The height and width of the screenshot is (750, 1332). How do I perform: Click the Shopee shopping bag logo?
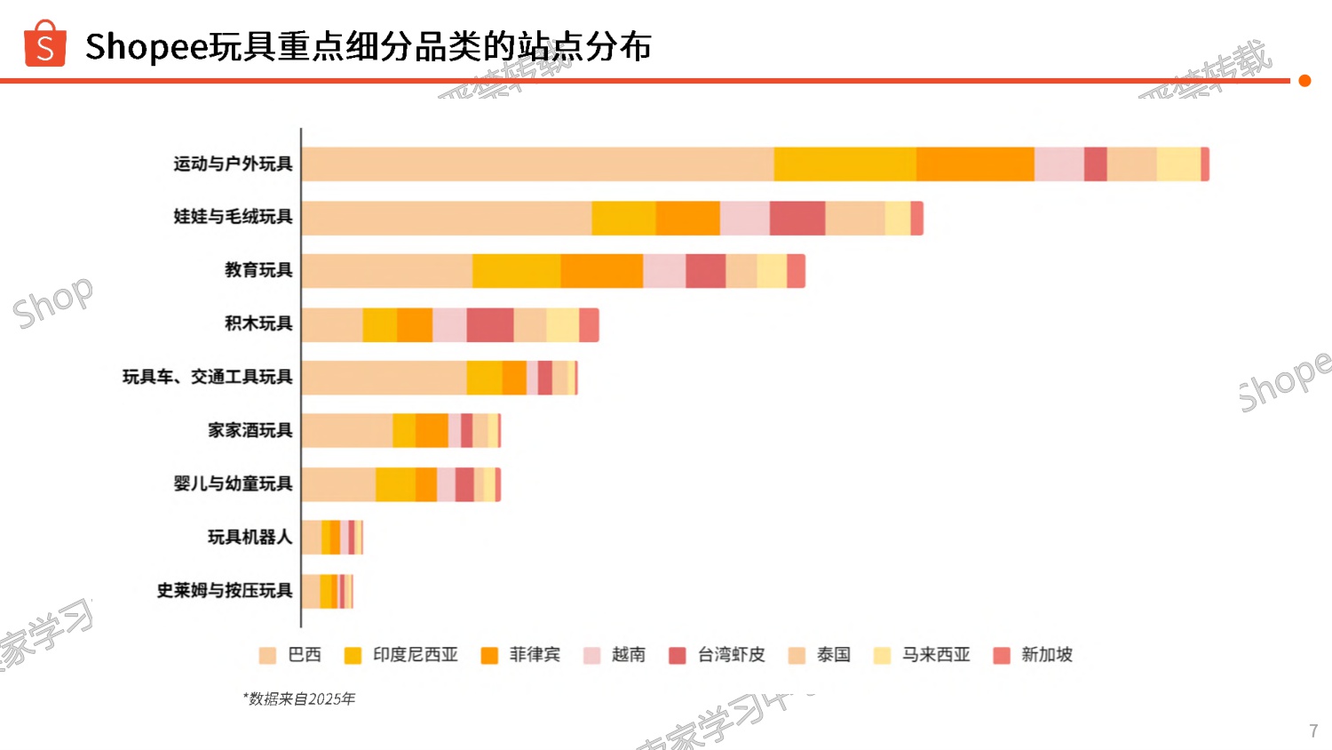pos(45,44)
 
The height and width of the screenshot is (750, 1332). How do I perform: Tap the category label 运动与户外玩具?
pos(233,164)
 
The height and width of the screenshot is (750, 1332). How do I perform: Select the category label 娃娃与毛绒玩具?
pos(233,217)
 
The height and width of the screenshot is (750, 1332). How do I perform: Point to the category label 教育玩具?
pos(258,270)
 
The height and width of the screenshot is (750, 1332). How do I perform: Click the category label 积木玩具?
pos(258,323)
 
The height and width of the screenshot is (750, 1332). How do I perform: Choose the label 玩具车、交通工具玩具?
pos(207,377)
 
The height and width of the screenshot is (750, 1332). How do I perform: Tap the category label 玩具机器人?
pos(250,537)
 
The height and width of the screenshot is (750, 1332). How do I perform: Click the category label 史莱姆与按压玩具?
pos(225,590)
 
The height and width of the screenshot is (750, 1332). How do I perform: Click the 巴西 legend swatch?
pos(267,656)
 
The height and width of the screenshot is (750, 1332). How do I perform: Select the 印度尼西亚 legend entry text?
pos(415,655)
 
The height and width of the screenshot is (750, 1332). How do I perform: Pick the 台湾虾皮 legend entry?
pos(731,655)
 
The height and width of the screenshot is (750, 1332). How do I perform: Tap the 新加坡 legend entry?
pos(1046,655)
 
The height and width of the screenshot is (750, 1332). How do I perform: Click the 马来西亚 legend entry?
pos(936,655)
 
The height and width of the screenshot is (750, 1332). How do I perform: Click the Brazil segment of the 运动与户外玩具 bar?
pos(537,164)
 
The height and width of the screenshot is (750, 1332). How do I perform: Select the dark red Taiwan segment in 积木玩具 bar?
pos(489,324)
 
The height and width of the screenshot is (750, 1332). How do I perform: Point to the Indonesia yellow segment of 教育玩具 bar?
pos(516,271)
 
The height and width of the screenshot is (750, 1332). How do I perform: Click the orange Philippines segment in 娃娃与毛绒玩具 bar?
pos(687,218)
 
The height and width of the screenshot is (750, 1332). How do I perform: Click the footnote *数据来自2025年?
pos(299,699)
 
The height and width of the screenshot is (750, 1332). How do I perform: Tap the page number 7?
pos(1313,730)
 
